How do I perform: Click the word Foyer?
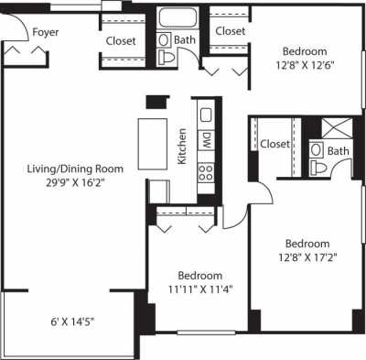[x=47, y=33]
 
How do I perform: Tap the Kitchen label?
[x=183, y=145]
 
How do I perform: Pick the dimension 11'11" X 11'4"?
[x=199, y=290]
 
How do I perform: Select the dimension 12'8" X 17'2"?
[x=307, y=259]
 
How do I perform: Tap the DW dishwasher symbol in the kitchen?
[x=207, y=142]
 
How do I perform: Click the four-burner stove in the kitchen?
[x=207, y=171]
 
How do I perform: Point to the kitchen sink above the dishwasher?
[x=206, y=115]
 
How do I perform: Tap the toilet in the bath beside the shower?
[x=317, y=167]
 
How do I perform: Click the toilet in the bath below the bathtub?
[x=166, y=58]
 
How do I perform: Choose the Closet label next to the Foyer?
[x=121, y=41]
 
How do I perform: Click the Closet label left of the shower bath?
[x=274, y=144]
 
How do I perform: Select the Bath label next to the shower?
[x=339, y=151]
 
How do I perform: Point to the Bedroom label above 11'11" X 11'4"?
[x=199, y=275]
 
